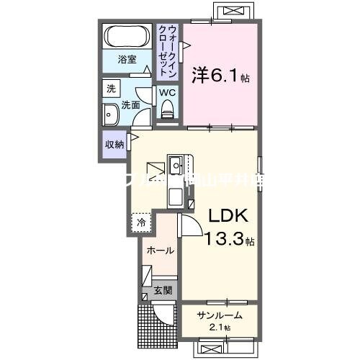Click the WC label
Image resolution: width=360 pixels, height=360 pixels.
166,92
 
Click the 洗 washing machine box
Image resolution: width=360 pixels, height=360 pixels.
111,89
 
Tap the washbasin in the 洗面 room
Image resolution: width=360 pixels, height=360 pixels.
112,115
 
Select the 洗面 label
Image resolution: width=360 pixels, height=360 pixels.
130,105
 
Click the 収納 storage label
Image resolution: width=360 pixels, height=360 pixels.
114,144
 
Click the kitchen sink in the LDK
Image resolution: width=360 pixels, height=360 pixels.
176,166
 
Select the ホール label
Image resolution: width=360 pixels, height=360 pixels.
159,251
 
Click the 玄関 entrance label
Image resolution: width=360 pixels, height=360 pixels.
161,291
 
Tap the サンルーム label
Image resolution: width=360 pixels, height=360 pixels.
220,315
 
